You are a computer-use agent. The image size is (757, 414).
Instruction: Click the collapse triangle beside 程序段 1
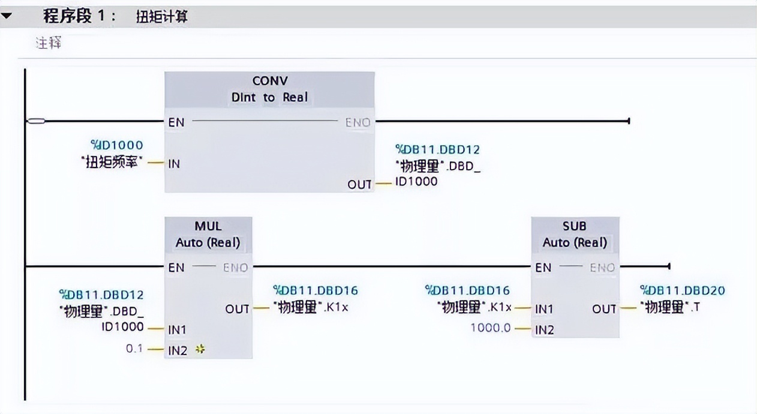[x=7, y=16]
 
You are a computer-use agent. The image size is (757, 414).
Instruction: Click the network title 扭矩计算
[x=161, y=17]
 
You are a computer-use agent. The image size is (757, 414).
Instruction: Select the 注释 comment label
[x=48, y=43]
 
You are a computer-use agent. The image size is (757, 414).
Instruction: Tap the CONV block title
[x=269, y=81]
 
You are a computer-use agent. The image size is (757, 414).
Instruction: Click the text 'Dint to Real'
[x=269, y=97]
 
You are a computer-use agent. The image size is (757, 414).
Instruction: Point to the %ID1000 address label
[x=116, y=145]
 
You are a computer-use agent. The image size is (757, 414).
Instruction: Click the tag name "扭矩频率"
[x=113, y=163]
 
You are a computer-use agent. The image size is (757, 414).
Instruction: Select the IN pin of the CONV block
[x=174, y=163]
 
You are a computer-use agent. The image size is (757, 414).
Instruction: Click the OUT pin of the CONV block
[x=360, y=184]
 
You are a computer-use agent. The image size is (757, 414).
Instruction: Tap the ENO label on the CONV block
[x=358, y=122]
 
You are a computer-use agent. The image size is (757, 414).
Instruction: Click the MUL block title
[x=208, y=226]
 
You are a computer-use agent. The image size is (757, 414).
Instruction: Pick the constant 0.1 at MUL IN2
[x=134, y=348]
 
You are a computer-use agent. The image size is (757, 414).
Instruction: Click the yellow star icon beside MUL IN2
[x=200, y=349]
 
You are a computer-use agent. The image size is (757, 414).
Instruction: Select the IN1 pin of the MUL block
[x=178, y=329]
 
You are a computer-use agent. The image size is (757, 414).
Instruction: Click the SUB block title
[x=575, y=226]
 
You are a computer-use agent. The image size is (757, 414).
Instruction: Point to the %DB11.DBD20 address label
[x=682, y=290]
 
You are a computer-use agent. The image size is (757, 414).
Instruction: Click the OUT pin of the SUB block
[x=604, y=308]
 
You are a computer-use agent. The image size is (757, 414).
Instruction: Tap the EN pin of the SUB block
[x=543, y=268]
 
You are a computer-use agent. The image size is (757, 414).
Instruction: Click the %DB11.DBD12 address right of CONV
[x=437, y=149]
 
